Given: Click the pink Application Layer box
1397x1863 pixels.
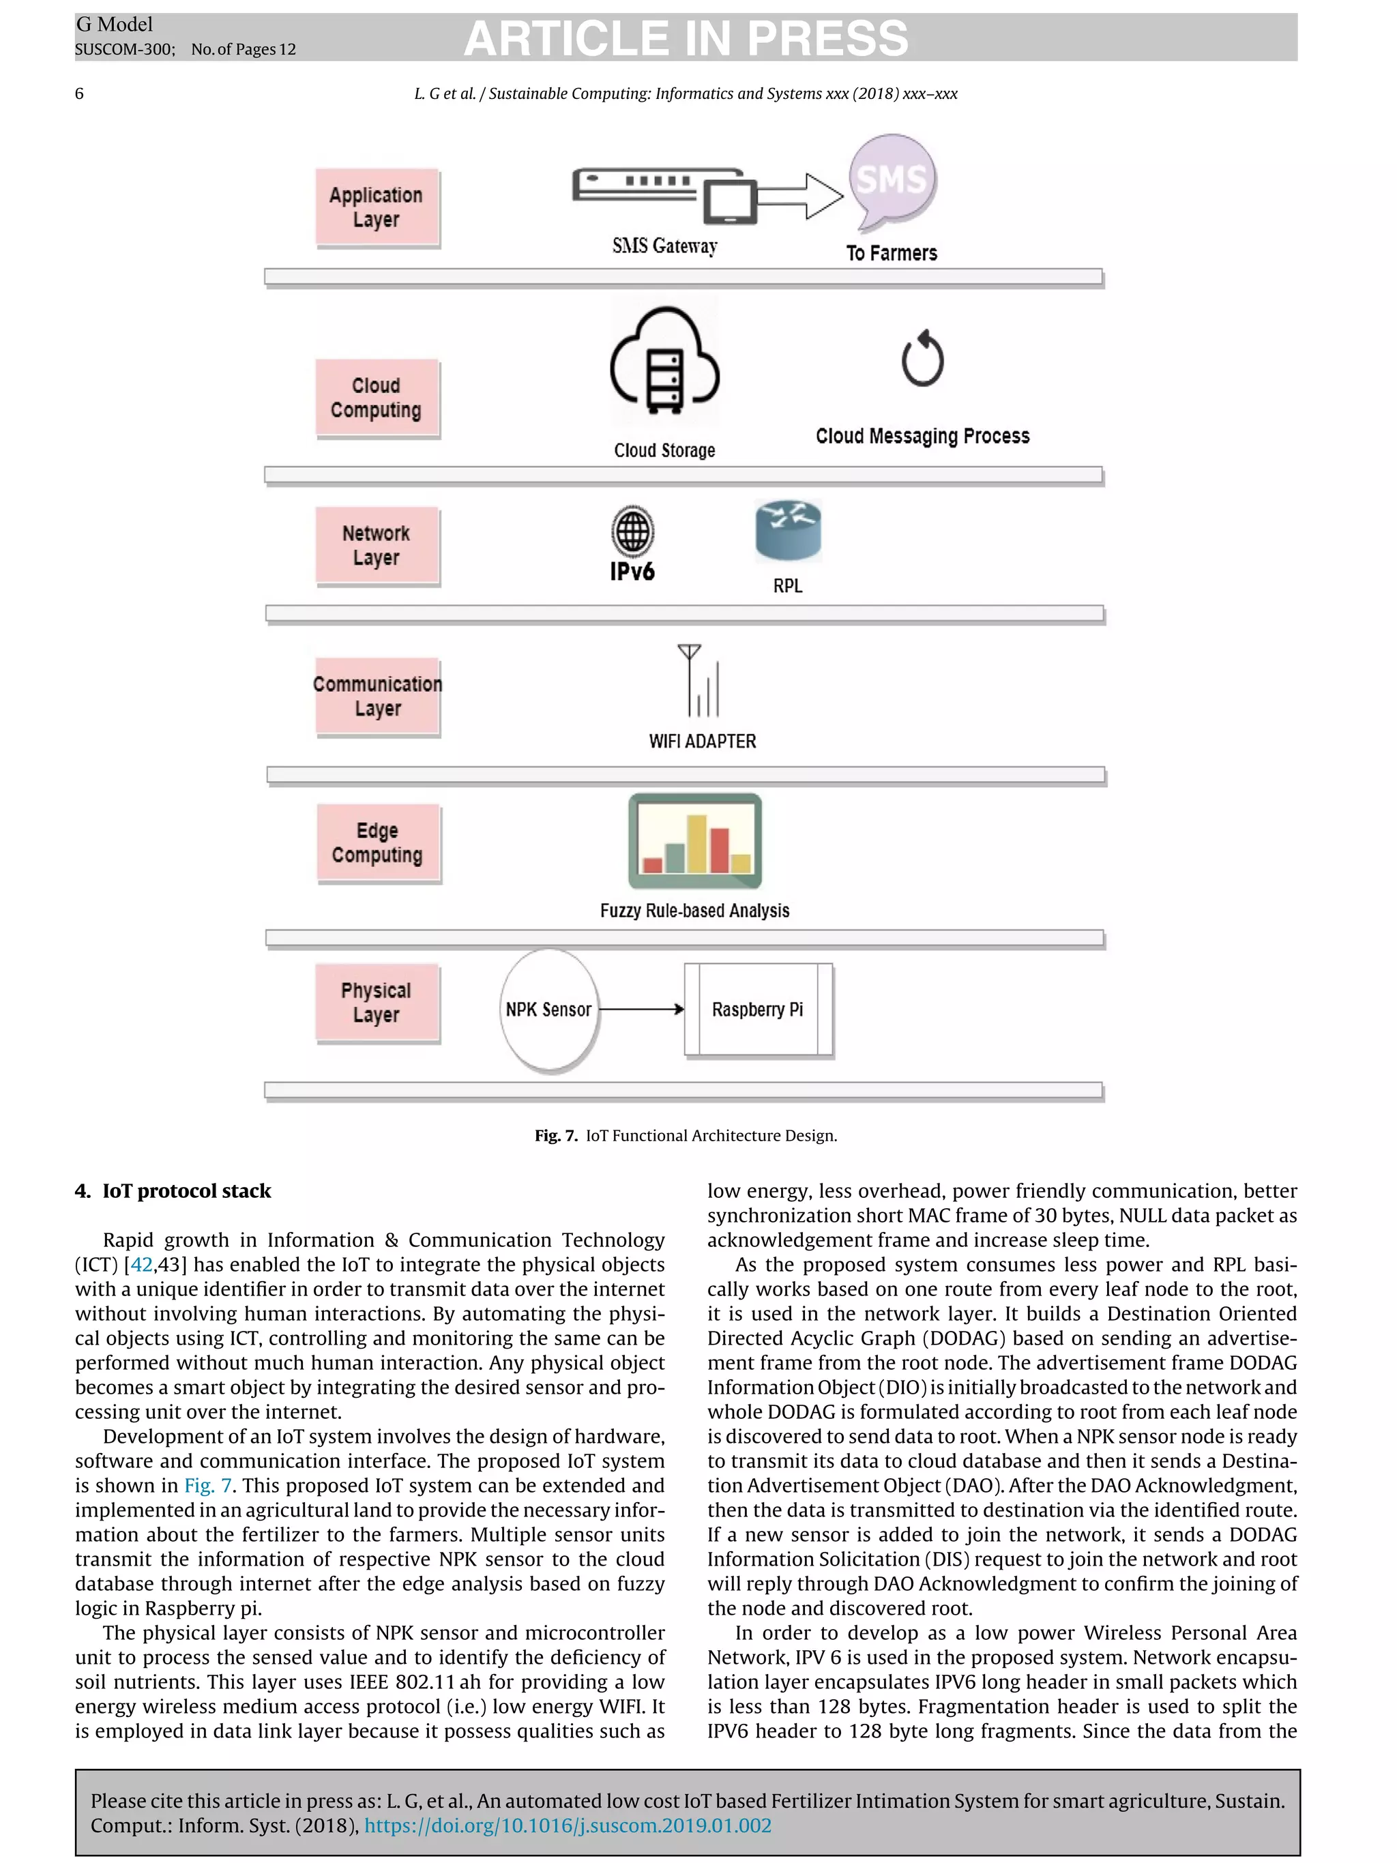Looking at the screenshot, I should (x=377, y=207).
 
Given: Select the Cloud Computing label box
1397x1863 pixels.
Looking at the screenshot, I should (x=377, y=398).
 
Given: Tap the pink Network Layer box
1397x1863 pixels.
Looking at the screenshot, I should (x=377, y=545).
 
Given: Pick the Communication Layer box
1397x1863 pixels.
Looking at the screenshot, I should (x=377, y=696).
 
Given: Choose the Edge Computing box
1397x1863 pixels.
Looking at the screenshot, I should (x=377, y=842).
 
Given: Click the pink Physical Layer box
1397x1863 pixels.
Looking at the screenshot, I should (x=377, y=1002).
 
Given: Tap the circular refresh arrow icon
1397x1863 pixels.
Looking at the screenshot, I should (x=922, y=360).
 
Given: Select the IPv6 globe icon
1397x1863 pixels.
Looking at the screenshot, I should (x=632, y=531).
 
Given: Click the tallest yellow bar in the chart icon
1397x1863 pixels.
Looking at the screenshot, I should (x=696, y=843).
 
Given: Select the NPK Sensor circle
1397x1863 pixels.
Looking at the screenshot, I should (x=548, y=1009).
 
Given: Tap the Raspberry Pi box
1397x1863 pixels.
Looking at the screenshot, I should (x=758, y=1009).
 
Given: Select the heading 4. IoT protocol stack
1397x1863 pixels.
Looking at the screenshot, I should (x=173, y=1191).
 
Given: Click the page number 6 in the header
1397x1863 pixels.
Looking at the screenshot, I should (x=79, y=93).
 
